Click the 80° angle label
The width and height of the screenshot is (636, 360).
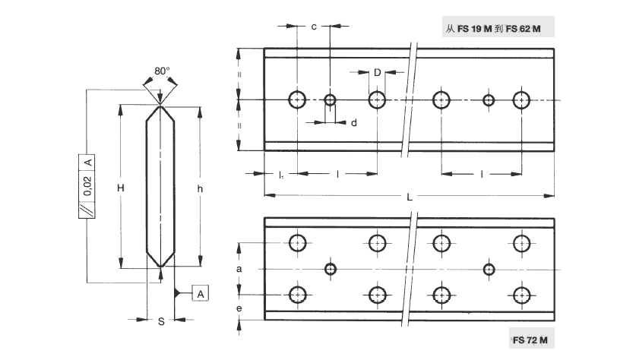click(161, 71)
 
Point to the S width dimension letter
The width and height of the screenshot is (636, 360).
click(160, 322)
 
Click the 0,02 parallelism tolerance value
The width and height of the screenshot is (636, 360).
click(87, 186)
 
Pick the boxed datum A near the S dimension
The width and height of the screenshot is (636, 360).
click(199, 293)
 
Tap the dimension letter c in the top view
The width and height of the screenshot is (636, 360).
click(314, 27)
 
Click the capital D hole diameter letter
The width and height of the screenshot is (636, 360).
click(377, 72)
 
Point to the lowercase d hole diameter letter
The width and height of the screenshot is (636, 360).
click(354, 122)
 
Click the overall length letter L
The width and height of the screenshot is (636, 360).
click(410, 197)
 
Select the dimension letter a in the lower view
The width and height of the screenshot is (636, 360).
click(239, 269)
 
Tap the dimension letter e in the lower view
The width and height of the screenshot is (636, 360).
click(239, 309)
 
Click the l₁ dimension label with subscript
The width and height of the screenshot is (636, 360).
click(280, 175)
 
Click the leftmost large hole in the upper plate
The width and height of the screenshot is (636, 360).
click(296, 99)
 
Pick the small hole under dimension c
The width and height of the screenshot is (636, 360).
click(330, 99)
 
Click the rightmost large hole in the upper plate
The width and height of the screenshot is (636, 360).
click(521, 99)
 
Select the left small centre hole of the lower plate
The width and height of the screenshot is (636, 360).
click(330, 269)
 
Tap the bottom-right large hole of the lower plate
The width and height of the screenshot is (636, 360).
click(521, 295)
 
